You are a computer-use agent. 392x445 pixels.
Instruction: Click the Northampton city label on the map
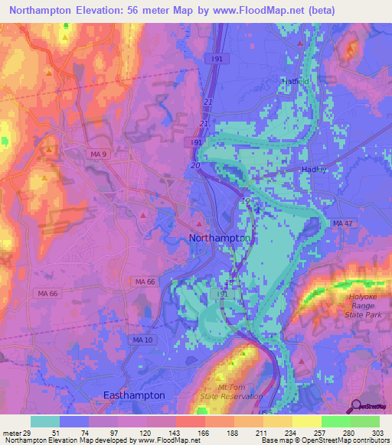click(x=220, y=239)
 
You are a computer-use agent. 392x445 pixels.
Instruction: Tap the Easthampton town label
click(x=134, y=395)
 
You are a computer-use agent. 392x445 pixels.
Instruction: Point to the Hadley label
click(x=315, y=170)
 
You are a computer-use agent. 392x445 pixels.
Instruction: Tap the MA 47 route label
click(x=343, y=222)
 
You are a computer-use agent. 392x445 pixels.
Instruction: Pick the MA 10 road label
click(x=120, y=339)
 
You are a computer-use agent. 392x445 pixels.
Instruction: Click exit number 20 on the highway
click(x=195, y=166)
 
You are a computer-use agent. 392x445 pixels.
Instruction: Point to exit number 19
click(x=245, y=200)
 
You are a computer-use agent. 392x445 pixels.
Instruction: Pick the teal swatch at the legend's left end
click(x=44, y=421)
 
